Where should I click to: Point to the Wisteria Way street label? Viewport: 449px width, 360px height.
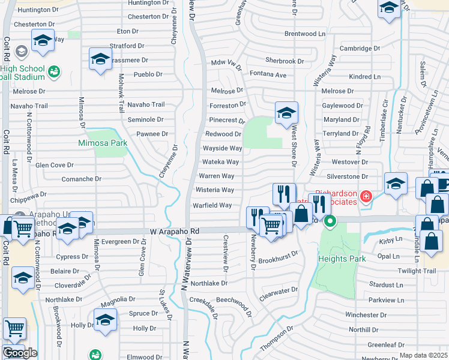214,190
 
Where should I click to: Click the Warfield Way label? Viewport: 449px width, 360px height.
212,205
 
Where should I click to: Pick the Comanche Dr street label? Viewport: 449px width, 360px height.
86,179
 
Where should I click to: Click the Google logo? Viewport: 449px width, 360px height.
20,353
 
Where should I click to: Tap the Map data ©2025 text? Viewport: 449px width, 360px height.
423,355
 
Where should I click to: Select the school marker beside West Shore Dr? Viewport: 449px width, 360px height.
286,113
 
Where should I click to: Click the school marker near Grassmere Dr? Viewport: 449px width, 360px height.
100,59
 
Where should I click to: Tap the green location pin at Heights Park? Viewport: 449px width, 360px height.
330,222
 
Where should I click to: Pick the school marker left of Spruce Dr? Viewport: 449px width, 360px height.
105,320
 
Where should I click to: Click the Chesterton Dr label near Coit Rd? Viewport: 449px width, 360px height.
30,24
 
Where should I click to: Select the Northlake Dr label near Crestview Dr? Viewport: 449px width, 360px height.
209,283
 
